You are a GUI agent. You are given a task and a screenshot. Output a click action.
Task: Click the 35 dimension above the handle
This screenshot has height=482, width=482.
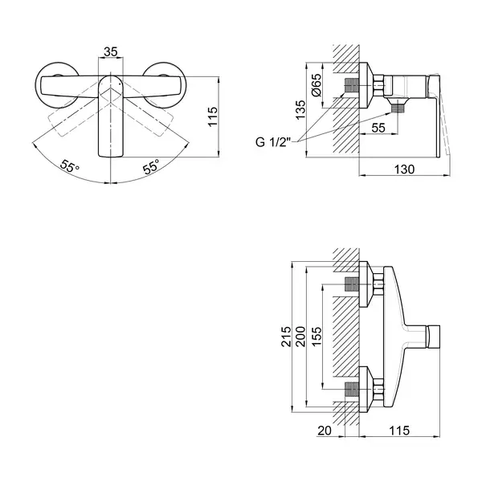click(x=110, y=51)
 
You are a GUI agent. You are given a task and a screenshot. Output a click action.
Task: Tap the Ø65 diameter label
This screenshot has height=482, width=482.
click(x=317, y=85)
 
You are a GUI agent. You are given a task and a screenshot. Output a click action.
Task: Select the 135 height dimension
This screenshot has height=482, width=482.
click(x=300, y=110)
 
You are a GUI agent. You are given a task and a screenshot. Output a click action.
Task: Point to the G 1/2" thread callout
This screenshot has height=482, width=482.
click(x=273, y=142)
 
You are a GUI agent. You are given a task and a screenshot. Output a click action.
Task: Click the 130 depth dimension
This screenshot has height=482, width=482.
click(x=404, y=169)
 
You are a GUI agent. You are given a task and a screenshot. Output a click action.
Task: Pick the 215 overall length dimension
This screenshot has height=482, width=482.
click(x=286, y=337)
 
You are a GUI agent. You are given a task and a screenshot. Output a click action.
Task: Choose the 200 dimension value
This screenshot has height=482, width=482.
click(x=300, y=337)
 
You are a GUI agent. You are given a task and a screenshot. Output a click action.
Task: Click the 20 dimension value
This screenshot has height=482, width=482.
click(x=325, y=431)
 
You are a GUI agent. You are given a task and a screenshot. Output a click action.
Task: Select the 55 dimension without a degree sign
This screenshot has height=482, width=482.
click(x=378, y=128)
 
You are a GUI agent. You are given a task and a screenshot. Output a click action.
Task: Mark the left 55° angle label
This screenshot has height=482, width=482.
click(x=69, y=166)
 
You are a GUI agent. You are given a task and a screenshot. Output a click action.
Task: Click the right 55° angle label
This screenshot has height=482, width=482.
click(x=151, y=167)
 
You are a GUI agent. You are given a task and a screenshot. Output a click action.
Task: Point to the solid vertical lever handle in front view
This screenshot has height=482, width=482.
click(x=111, y=116)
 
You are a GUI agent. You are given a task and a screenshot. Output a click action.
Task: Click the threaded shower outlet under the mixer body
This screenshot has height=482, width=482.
click(x=398, y=108)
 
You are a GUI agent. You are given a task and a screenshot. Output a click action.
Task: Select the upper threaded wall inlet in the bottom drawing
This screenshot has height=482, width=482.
click(x=352, y=284)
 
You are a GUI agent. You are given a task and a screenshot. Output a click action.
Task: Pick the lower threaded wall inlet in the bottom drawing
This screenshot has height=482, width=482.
click(x=352, y=390)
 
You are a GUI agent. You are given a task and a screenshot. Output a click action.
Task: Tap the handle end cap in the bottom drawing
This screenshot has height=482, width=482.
click(x=434, y=337)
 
